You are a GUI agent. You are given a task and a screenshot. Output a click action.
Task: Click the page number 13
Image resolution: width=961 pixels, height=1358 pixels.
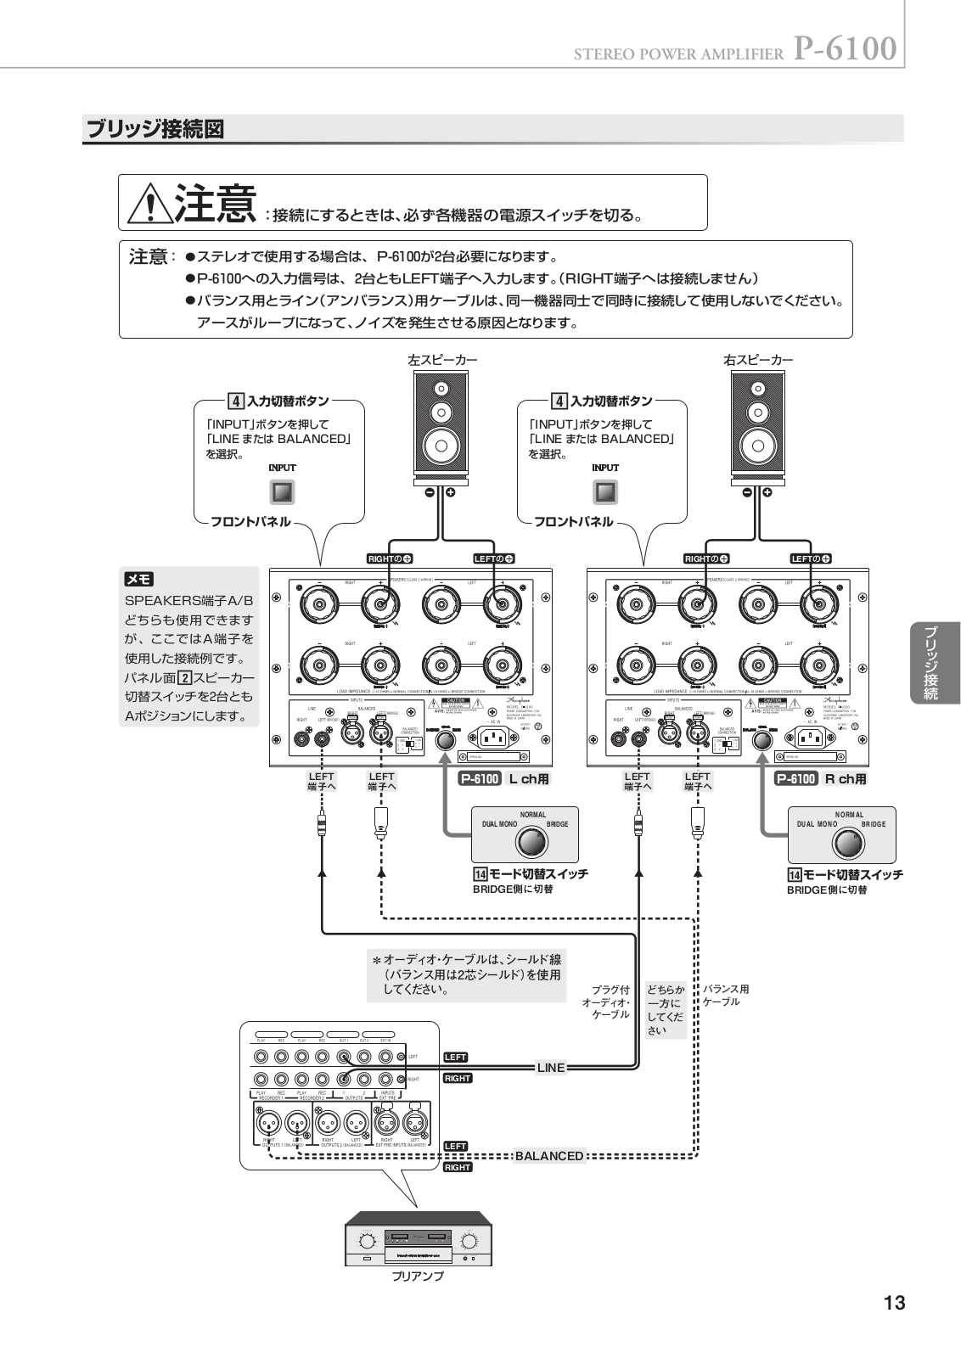(x=894, y=1303)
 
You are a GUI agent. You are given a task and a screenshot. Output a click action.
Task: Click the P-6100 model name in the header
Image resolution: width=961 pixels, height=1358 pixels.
(x=845, y=49)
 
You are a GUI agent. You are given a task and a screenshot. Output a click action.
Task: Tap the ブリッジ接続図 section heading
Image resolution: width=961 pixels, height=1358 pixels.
(x=155, y=130)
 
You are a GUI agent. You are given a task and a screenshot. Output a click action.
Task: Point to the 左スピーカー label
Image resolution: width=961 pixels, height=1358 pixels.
(x=442, y=360)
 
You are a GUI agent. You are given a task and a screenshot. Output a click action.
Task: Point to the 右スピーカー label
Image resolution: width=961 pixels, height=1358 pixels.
(x=758, y=360)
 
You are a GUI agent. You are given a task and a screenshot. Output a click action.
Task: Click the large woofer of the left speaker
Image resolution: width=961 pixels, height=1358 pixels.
(x=440, y=444)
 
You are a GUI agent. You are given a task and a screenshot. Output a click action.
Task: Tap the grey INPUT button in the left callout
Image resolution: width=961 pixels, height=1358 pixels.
(x=282, y=492)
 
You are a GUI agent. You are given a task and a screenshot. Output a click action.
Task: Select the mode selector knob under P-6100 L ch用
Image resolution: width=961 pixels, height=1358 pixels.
(x=532, y=843)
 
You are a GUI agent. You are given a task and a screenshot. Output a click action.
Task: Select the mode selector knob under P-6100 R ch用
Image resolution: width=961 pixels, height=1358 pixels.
(x=847, y=844)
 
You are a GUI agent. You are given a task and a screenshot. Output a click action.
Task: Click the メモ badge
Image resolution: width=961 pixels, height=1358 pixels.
(x=139, y=580)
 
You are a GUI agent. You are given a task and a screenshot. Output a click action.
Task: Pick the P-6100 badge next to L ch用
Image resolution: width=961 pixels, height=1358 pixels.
(x=479, y=778)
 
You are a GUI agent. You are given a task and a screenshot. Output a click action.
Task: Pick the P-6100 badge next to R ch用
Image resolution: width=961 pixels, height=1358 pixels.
(x=795, y=778)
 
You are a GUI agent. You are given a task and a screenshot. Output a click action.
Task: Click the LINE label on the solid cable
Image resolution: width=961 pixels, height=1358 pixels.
(x=551, y=1068)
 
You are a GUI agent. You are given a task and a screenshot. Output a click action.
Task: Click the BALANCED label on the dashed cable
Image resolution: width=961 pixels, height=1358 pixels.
(x=549, y=1156)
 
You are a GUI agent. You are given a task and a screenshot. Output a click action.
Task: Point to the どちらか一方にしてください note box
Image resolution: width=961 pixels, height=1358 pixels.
(x=665, y=1010)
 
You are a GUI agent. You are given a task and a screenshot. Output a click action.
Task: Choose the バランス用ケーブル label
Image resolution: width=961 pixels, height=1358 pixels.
(x=726, y=996)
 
